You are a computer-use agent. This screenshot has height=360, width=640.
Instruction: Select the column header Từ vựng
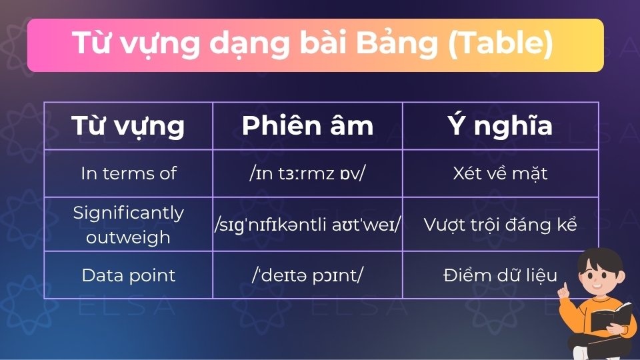128,126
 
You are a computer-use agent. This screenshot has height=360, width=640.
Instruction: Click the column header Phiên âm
307,126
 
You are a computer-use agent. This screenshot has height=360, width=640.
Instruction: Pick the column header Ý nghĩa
500,126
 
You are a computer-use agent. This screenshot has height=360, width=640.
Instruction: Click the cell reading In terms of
128,173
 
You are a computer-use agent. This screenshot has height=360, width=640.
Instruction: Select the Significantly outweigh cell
128,225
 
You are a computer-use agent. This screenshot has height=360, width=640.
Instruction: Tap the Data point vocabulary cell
128,275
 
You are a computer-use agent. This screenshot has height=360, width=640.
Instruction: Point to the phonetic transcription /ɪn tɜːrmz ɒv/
307,173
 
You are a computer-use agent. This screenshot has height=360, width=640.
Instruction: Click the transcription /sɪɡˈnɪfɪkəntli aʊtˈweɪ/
307,225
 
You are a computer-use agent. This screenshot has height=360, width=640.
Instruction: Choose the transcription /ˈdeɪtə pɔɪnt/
307,275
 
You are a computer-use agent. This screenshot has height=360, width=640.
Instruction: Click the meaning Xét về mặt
500,173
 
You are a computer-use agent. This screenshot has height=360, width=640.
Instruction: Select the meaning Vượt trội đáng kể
500,225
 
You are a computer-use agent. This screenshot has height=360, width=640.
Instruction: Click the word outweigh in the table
128,237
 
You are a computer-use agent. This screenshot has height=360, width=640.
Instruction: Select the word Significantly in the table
128,213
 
